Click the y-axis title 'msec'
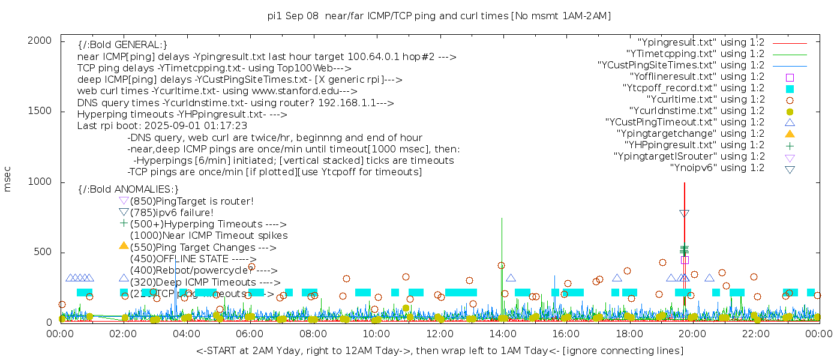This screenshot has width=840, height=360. [8, 178]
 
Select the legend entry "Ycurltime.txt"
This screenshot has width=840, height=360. [705, 100]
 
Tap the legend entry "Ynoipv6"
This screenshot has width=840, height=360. [717, 168]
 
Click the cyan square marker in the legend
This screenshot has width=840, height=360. [790, 89]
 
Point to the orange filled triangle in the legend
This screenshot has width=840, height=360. [790, 134]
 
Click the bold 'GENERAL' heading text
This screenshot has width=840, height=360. [122, 45]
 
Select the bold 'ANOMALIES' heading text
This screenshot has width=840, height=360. [128, 190]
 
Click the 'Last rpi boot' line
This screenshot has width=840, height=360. [162, 126]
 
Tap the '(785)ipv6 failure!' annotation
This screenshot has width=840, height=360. [172, 213]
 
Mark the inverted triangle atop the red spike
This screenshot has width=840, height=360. [684, 214]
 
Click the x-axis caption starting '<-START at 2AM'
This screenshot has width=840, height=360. [439, 350]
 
